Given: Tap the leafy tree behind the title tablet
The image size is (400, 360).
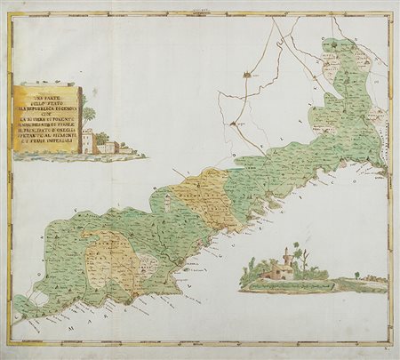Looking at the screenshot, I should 89,115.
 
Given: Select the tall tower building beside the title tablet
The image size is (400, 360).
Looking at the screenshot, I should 88,140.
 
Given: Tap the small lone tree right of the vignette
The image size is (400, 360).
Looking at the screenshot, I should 356,276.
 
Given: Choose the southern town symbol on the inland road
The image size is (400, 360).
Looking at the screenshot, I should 232,124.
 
